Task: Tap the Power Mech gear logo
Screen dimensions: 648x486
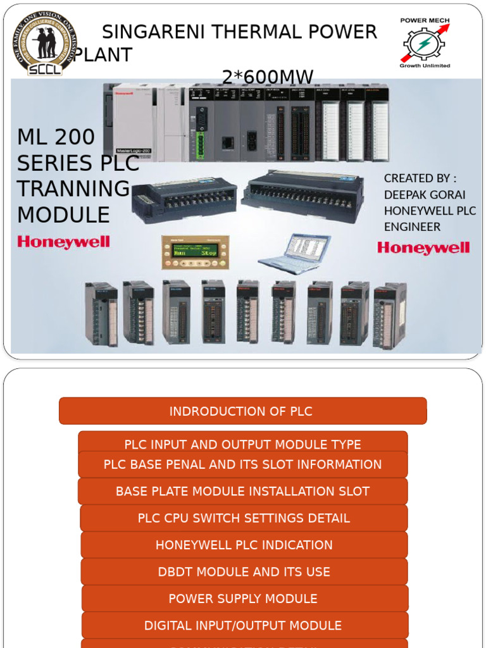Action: [x=425, y=43]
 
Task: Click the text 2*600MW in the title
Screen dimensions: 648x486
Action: [x=268, y=77]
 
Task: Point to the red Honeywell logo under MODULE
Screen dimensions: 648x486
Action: [x=63, y=242]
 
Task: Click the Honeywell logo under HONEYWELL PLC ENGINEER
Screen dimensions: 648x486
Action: [x=423, y=247]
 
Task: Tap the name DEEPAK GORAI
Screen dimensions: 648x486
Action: [x=424, y=194]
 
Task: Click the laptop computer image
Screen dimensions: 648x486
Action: [x=294, y=254]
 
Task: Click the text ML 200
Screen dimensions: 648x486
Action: [x=56, y=137]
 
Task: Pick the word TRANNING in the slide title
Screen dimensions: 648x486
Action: [x=73, y=189]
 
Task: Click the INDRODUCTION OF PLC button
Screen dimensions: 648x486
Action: [x=242, y=411]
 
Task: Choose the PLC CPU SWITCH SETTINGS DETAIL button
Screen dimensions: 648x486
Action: [x=244, y=518]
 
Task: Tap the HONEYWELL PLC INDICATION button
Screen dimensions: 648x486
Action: [x=244, y=545]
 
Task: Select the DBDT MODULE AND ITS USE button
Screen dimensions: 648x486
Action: [x=244, y=571]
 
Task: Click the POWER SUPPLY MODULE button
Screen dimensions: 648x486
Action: [x=244, y=599]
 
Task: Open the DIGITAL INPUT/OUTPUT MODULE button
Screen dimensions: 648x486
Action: [x=244, y=625]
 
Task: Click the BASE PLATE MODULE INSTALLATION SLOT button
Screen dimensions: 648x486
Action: [x=242, y=491]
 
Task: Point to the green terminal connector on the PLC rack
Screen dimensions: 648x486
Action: [x=201, y=145]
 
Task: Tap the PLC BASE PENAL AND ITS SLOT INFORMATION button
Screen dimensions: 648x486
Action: [x=242, y=465]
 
